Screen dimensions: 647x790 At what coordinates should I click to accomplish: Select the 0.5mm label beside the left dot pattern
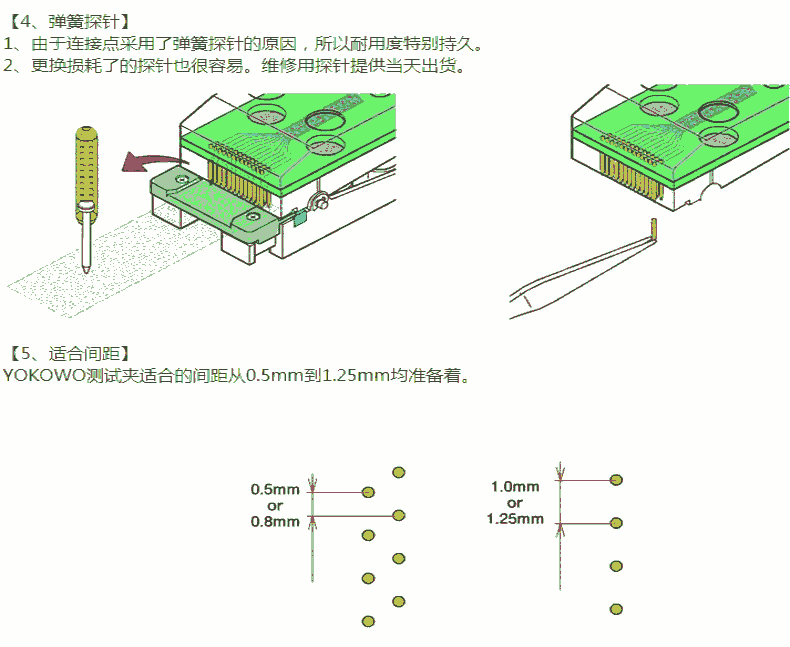point(275,490)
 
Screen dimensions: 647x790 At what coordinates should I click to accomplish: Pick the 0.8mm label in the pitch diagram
point(275,521)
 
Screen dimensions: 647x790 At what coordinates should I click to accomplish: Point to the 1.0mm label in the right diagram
point(515,487)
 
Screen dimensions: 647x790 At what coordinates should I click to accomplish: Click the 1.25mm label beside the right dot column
point(515,519)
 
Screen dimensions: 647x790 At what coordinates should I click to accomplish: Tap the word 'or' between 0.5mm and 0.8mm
point(275,505)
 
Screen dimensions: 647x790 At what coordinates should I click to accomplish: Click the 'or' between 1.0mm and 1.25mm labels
point(515,503)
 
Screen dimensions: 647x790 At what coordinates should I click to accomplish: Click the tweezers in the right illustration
point(580,270)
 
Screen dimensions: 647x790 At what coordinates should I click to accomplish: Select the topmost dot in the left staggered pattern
point(398,471)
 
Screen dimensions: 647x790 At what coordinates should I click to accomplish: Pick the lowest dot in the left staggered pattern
point(368,622)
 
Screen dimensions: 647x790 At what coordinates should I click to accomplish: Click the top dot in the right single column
point(616,480)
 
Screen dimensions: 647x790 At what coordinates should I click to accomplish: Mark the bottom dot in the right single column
point(616,609)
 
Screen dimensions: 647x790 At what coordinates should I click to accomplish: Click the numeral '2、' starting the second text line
point(14,66)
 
